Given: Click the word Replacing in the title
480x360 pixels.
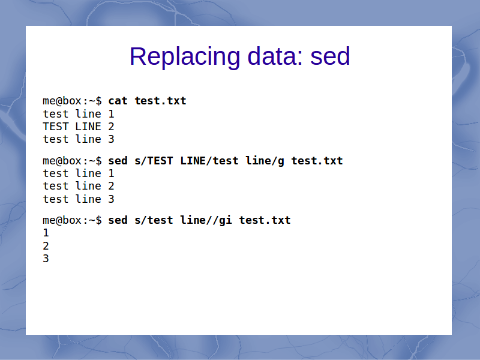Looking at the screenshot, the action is point(185,57).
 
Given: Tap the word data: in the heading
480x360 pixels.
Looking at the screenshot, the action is point(275,56).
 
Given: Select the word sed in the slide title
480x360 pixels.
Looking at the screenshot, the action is point(330,56).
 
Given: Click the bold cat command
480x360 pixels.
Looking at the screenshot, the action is point(118,101).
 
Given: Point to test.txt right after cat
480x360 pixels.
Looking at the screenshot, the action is point(160,101).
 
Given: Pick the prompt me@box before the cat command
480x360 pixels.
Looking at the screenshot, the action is point(62,101).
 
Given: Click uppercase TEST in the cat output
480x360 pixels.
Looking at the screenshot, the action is point(55,127).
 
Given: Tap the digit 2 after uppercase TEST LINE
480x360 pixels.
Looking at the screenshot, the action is point(111,127).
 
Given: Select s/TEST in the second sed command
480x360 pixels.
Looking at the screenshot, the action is point(154,161).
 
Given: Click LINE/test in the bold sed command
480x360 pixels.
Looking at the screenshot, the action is point(209,161).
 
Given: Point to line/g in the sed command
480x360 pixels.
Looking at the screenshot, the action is point(265,161).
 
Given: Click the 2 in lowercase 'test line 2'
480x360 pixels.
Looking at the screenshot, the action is point(111,186).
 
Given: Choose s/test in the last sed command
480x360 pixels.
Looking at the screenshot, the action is point(154,220).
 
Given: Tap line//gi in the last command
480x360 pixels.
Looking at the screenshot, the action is point(206,220).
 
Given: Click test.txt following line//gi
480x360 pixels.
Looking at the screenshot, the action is point(265,220).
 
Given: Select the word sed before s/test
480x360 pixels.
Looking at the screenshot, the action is point(118,220).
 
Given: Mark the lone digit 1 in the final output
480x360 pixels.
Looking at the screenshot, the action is point(46,233).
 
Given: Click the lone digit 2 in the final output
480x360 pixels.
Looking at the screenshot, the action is point(46,246).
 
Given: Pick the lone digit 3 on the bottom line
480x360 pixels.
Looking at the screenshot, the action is point(46,259).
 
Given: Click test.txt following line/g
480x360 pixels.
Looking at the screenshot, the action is point(317,161).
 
